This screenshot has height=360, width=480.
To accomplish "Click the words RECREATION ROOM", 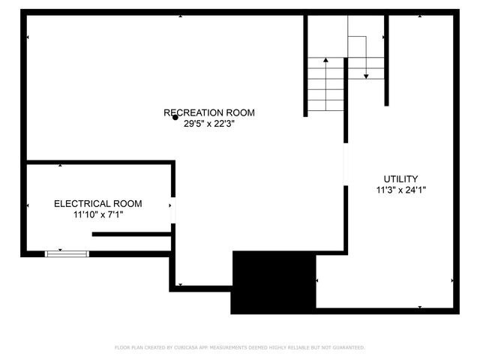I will click(209, 112).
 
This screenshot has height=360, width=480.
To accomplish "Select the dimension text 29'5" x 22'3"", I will click(209, 124).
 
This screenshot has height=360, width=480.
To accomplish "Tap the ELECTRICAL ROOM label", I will click(97, 203).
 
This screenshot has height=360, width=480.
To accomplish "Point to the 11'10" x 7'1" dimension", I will click(97, 215).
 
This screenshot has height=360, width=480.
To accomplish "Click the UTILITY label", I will click(401, 178).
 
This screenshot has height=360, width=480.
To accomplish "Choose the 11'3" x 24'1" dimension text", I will click(401, 190).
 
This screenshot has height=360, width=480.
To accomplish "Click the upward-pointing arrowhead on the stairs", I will click(325, 60).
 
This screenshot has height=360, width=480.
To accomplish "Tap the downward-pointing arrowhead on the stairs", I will click(365, 75).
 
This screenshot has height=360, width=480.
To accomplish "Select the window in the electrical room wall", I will click(67, 254).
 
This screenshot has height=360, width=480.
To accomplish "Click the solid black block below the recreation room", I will click(273, 283).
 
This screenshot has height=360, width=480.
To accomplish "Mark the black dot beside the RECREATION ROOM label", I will click(175, 117).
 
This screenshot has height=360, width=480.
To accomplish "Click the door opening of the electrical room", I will click(173, 211).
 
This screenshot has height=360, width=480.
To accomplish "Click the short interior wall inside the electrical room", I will click(131, 234).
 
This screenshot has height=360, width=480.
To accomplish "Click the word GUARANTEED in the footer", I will click(348, 347).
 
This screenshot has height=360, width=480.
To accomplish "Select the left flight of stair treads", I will click(325, 86).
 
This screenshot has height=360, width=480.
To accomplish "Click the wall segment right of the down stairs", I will click(386, 60).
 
